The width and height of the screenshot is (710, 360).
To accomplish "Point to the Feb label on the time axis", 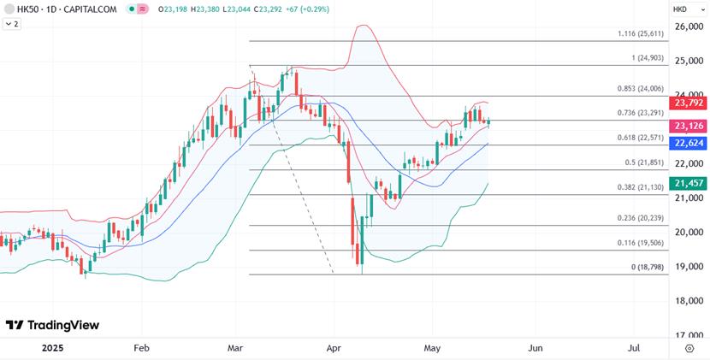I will (x=142, y=348).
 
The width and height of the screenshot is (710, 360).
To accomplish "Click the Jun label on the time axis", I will (x=535, y=348).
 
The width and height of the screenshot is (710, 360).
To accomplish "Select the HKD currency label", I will (x=681, y=9).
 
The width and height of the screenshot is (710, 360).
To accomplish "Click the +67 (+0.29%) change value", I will (x=304, y=9).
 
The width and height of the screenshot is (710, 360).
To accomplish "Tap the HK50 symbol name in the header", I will (x=27, y=9).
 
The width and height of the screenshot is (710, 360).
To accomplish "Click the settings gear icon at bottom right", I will (x=689, y=348).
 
